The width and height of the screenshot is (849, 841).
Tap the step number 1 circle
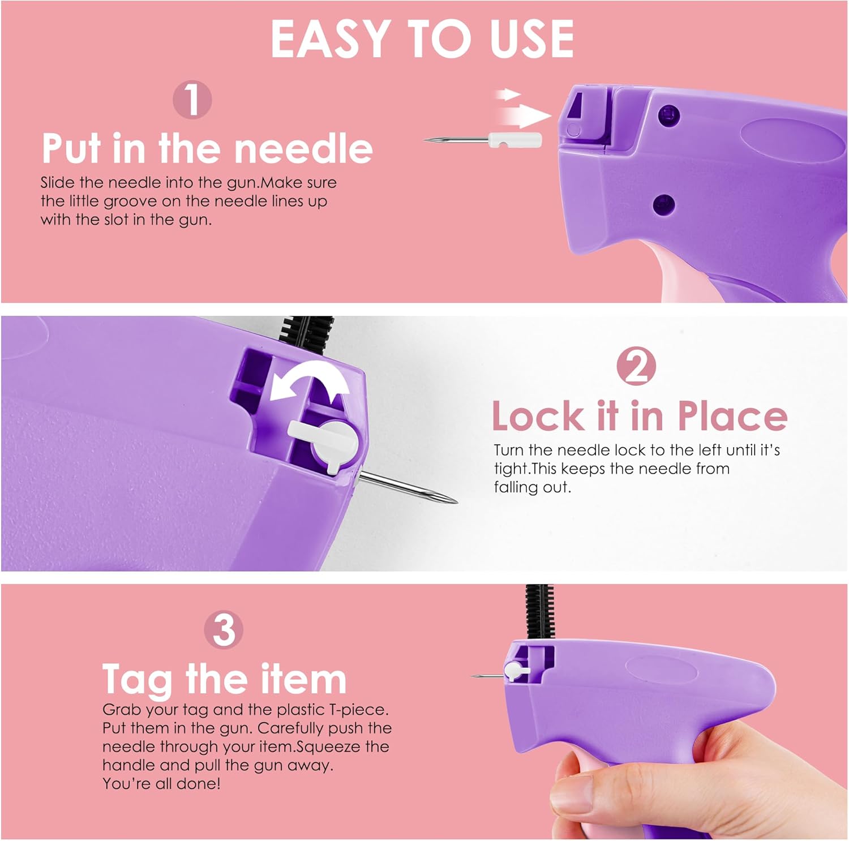[x=192, y=100]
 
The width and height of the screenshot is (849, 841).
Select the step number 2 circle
[x=636, y=366]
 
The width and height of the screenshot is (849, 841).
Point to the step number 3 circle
[x=224, y=629]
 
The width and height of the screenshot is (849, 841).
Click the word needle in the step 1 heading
[x=303, y=148]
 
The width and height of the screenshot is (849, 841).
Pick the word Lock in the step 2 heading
[x=538, y=416]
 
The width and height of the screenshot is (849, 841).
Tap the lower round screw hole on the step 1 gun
[x=663, y=204]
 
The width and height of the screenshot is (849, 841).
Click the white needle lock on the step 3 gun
[x=516, y=671]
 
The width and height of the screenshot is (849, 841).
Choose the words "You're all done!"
[x=161, y=784]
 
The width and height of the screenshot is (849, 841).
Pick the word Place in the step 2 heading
[x=732, y=416]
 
